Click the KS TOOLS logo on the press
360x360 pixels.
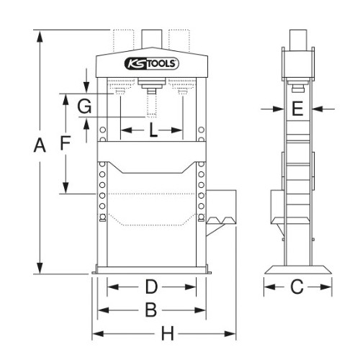click(152, 63)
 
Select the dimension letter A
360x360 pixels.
click(40, 145)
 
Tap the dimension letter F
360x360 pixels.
click(66, 143)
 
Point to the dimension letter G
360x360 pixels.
click(84, 107)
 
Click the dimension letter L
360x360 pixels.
click(153, 130)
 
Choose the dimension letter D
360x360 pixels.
click(151, 287)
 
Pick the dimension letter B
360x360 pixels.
click(151, 310)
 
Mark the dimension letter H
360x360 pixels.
click(167, 333)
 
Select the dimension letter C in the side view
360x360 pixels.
click(297, 287)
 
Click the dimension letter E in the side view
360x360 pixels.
click(297, 109)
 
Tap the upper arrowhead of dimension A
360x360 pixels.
click(40, 36)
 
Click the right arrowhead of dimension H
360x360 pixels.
click(230, 333)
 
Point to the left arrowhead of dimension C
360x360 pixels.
click(270, 287)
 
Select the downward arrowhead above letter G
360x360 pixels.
click(86, 87)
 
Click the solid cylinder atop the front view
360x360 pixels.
click(152, 39)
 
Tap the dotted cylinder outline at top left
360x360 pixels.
click(123, 41)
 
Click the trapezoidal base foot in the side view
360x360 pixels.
click(298, 269)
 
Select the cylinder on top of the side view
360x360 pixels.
click(298, 40)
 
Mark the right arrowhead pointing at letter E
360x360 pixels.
click(318, 109)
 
